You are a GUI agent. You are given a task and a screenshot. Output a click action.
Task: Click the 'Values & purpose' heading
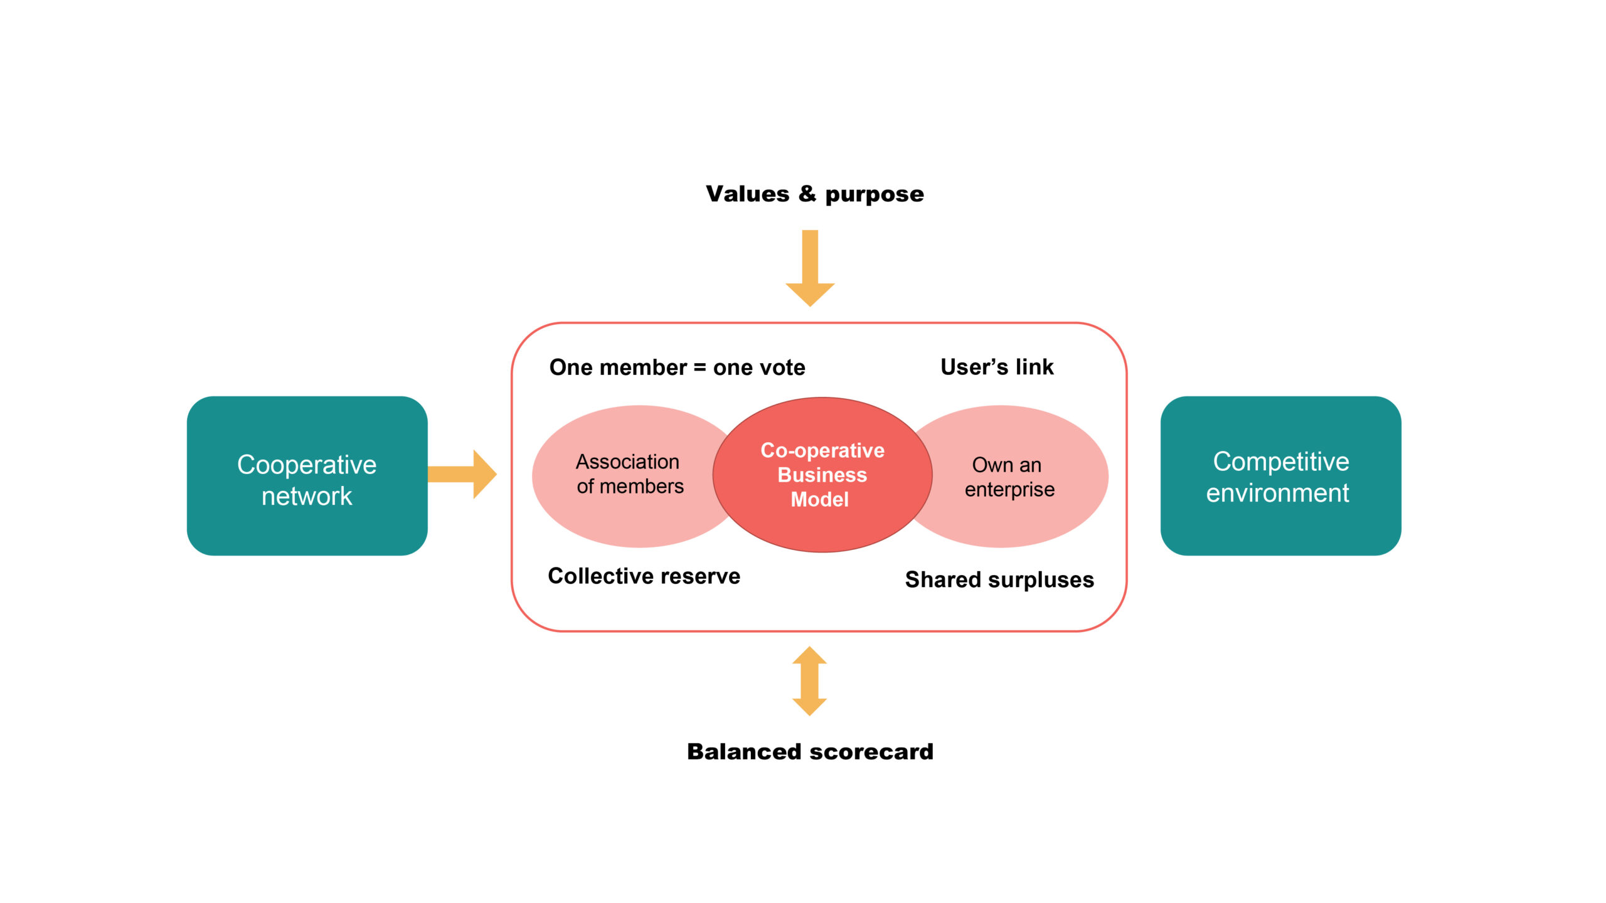point(814,194)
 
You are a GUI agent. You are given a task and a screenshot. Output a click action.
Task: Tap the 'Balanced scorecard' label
point(810,751)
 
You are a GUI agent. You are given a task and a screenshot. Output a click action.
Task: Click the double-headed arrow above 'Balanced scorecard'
point(809,681)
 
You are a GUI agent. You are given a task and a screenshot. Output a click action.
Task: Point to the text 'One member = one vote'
point(677,367)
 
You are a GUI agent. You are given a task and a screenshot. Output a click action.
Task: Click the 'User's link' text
point(997,367)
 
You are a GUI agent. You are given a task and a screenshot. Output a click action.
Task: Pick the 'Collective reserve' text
point(644,576)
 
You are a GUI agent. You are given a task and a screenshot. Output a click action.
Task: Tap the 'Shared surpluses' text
point(999,579)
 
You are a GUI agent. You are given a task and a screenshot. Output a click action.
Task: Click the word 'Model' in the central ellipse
point(819,500)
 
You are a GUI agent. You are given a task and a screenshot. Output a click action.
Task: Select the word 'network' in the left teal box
point(307,497)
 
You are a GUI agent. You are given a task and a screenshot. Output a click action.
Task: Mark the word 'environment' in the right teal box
point(1277,494)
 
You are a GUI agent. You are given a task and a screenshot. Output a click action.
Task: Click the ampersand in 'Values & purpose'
point(807,193)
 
